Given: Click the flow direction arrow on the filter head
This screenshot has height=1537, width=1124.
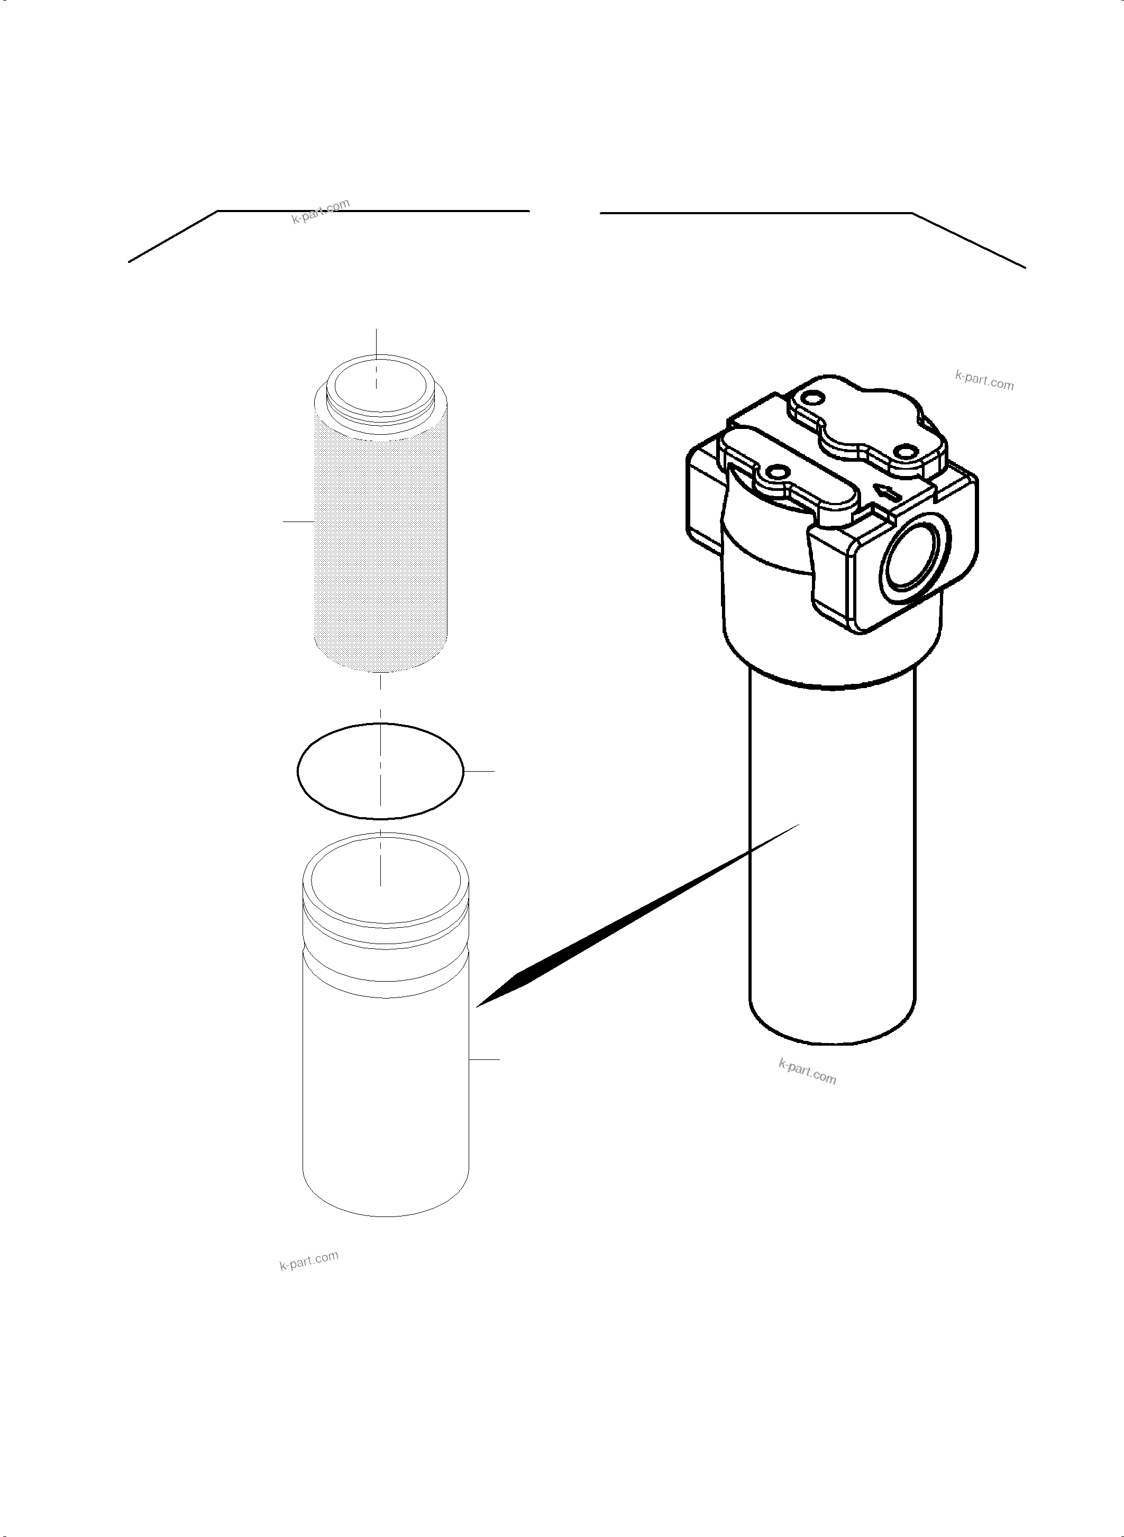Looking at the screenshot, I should click(x=889, y=492).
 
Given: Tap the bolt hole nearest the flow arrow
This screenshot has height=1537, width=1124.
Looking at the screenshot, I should click(x=904, y=452).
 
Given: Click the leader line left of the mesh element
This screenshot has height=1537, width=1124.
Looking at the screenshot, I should click(x=298, y=521).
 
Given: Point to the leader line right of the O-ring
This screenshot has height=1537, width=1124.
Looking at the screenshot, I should click(x=479, y=771).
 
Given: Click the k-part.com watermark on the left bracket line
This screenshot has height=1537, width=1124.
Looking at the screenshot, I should click(x=321, y=211).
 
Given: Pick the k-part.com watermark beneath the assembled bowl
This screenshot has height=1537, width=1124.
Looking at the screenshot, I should click(x=807, y=1072).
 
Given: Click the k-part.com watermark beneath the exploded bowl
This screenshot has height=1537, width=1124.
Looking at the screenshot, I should click(x=309, y=1260).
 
